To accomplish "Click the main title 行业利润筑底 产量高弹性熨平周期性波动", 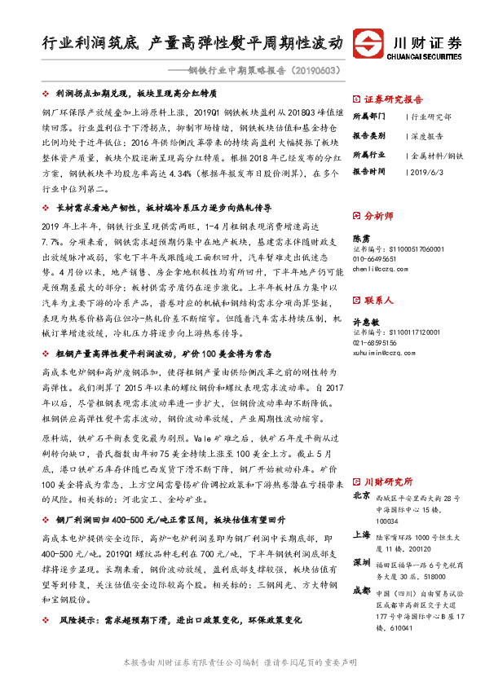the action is [192, 42].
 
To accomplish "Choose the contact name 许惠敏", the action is [364, 322].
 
